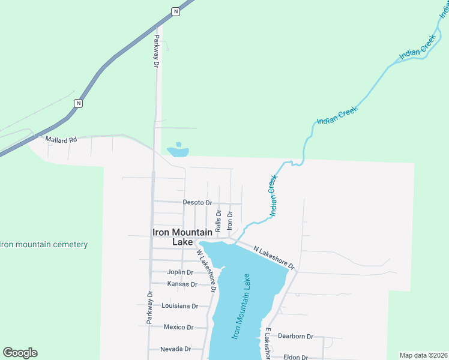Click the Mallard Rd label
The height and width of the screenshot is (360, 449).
pos(62,139)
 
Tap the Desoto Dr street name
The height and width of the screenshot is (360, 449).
pos(198,203)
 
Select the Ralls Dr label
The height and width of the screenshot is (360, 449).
pos(218,220)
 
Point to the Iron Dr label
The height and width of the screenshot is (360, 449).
pos(230,218)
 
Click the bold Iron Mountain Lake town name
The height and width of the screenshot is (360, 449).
pos(182,237)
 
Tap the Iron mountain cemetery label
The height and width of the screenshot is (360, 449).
pos(44,244)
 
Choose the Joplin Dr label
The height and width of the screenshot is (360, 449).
pos(180,272)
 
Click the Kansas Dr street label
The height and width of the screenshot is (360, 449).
pos(182,284)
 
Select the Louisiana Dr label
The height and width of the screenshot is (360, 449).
pos(179,305)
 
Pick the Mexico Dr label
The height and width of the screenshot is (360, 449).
pos(178,327)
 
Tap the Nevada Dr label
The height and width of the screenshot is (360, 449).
pos(175,349)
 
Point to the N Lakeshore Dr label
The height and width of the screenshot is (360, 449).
pos(274,257)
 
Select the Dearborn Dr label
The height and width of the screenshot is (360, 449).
pos(295,337)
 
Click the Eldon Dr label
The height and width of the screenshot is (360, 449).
pos(295,357)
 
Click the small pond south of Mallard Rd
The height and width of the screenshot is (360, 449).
pos(178,151)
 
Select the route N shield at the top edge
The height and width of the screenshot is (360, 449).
pos(175,11)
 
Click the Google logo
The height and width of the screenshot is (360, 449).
pos(20,353)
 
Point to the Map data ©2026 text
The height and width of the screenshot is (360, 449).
pos(423,355)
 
